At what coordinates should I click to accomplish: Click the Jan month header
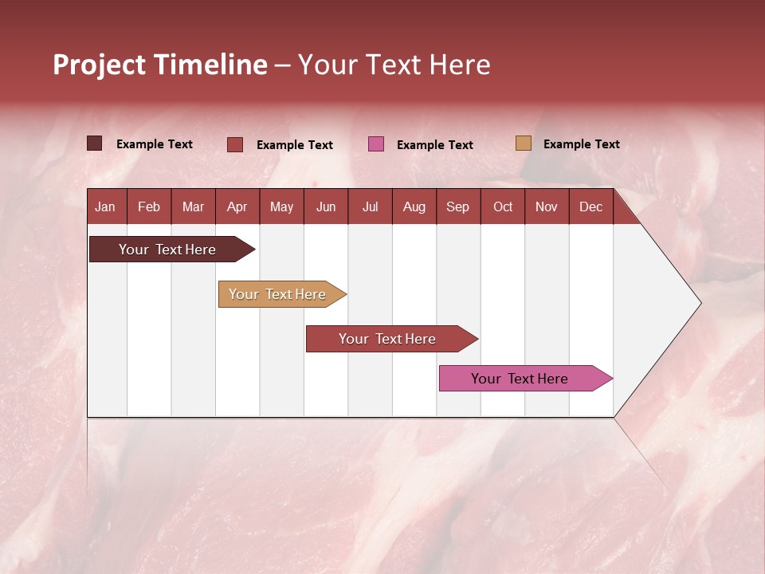(x=105, y=206)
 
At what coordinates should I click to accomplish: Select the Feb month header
(x=149, y=206)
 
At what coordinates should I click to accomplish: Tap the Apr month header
(x=237, y=206)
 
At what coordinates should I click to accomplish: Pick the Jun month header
(x=326, y=206)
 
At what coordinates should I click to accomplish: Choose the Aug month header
(x=414, y=206)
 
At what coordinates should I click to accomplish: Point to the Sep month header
(x=458, y=206)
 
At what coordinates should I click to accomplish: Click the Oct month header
(x=503, y=206)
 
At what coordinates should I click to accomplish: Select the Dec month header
(x=591, y=206)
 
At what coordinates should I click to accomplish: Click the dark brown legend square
(x=95, y=143)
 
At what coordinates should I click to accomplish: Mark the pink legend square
(x=376, y=144)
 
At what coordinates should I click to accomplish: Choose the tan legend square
(x=523, y=143)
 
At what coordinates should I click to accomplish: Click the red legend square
(x=235, y=144)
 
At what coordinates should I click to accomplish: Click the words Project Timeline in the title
(x=160, y=65)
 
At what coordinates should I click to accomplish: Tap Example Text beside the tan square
(x=581, y=144)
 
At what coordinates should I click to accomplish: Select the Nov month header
(x=547, y=206)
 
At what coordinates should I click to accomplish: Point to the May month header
(x=281, y=206)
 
